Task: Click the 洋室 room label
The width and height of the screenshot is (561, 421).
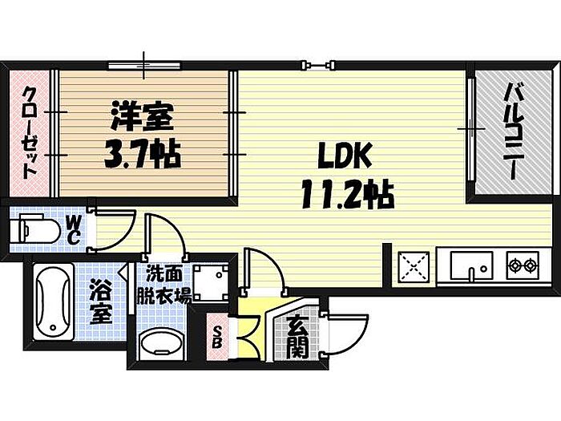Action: (143, 117)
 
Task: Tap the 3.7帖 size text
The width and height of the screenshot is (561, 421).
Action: (141, 152)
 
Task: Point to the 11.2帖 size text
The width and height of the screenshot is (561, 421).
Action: (340, 192)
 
